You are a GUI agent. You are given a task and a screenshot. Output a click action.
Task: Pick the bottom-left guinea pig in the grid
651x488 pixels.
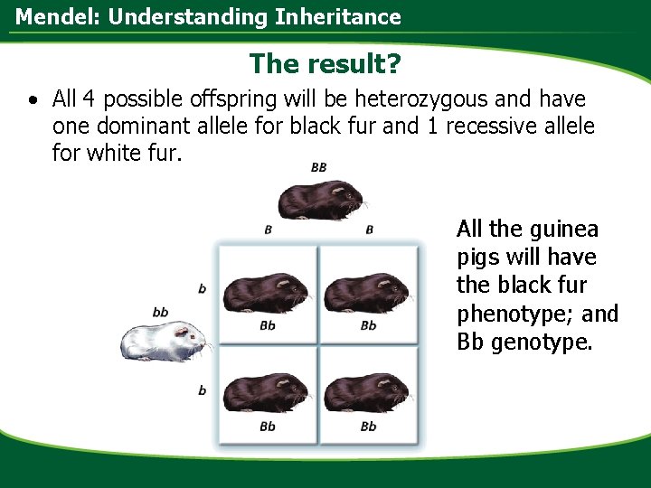(x=266, y=394)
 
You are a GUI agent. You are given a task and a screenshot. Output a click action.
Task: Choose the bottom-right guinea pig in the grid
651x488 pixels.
(x=367, y=394)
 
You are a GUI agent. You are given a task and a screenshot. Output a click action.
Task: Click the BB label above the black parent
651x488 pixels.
(x=319, y=167)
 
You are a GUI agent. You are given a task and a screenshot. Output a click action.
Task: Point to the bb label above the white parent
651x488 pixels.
(x=160, y=312)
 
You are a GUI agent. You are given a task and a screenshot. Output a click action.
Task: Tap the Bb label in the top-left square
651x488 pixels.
(x=268, y=325)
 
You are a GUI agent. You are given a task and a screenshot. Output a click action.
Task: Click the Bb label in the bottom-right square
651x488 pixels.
(x=368, y=426)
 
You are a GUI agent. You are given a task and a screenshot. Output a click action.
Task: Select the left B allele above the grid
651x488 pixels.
(x=269, y=230)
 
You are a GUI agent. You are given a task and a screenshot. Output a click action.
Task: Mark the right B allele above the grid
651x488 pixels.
(x=370, y=230)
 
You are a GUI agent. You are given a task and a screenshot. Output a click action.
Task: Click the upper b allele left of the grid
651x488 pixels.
(x=202, y=289)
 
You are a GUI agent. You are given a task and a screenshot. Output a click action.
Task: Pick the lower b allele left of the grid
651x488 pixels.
(x=202, y=390)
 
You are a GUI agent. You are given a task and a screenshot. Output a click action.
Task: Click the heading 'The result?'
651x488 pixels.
(x=325, y=63)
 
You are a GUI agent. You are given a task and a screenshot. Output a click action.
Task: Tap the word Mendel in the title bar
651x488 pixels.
(x=49, y=16)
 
